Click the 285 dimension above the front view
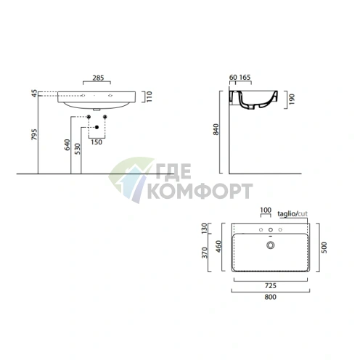pos(98,78)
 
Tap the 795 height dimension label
pos(35,134)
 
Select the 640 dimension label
pos(67,144)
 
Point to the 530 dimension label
pos(77,149)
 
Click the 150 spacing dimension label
pos(97,142)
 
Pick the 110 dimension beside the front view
pos(149,97)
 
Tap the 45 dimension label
pos(35,94)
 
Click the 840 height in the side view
pos(216,129)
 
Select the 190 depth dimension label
pos(292,99)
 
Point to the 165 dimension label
pos(245,77)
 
